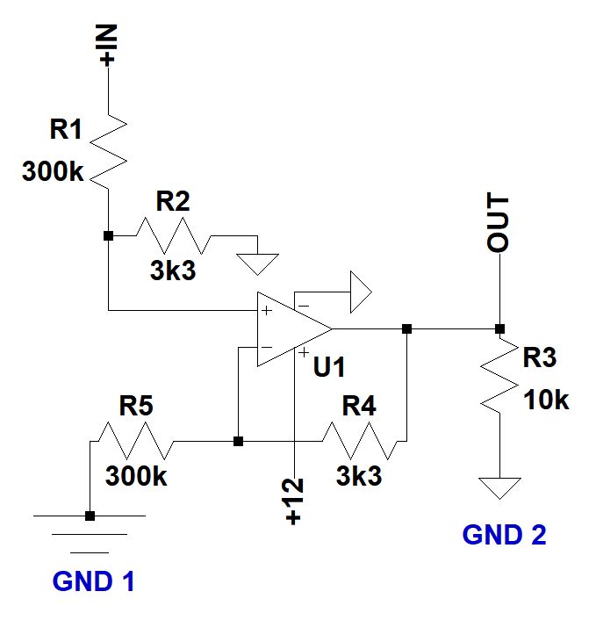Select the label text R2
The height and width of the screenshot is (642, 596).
tap(173, 202)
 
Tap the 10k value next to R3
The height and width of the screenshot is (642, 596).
tap(547, 400)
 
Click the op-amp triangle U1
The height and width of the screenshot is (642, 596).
tap(291, 328)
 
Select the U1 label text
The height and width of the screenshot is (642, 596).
tap(329, 368)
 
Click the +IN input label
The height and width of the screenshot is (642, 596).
tap(109, 46)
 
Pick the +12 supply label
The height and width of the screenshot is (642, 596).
tap(294, 501)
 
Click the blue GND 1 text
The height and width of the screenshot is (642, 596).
tap(94, 581)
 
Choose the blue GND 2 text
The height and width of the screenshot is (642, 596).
tap(504, 535)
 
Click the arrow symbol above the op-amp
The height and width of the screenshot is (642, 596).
tap(360, 292)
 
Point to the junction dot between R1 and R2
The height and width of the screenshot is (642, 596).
tap(108, 236)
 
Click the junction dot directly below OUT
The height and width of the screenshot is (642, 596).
tap(499, 328)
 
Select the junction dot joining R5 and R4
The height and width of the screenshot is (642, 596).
tap(238, 441)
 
